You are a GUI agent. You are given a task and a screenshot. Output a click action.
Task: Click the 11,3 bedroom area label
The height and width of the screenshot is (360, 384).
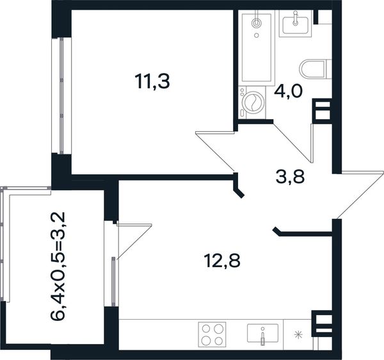(152, 81)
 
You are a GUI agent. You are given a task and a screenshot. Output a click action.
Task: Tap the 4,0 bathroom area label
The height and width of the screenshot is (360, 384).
(289, 92)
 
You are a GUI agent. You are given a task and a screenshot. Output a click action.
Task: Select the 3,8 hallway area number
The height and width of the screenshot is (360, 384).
(290, 177)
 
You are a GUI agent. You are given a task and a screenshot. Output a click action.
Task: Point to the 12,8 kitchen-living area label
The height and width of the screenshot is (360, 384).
(222, 261)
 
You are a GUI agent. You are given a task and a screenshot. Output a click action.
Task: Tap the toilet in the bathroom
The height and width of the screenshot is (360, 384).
(316, 69)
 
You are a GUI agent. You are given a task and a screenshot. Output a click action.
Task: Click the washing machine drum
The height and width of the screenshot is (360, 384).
(253, 102)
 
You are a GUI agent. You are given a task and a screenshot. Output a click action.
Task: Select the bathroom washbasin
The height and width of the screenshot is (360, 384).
(295, 24)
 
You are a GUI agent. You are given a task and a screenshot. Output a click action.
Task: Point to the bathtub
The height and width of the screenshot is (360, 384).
(257, 48)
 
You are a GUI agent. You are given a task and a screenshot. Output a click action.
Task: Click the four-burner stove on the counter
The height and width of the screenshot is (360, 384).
(212, 334)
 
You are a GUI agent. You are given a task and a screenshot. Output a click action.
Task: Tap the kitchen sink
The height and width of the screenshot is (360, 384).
(263, 334)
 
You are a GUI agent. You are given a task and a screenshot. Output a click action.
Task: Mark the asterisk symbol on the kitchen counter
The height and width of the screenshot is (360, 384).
(298, 335)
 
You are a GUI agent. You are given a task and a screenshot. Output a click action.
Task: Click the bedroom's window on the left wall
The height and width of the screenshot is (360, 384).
(61, 95)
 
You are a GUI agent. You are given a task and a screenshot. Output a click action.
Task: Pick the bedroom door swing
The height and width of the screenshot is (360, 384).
(215, 151)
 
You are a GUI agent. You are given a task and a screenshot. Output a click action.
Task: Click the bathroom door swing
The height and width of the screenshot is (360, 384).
(293, 143)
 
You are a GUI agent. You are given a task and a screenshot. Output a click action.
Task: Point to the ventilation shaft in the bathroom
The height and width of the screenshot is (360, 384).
(323, 111)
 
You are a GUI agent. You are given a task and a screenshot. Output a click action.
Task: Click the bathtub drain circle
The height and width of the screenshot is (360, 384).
(257, 35)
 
